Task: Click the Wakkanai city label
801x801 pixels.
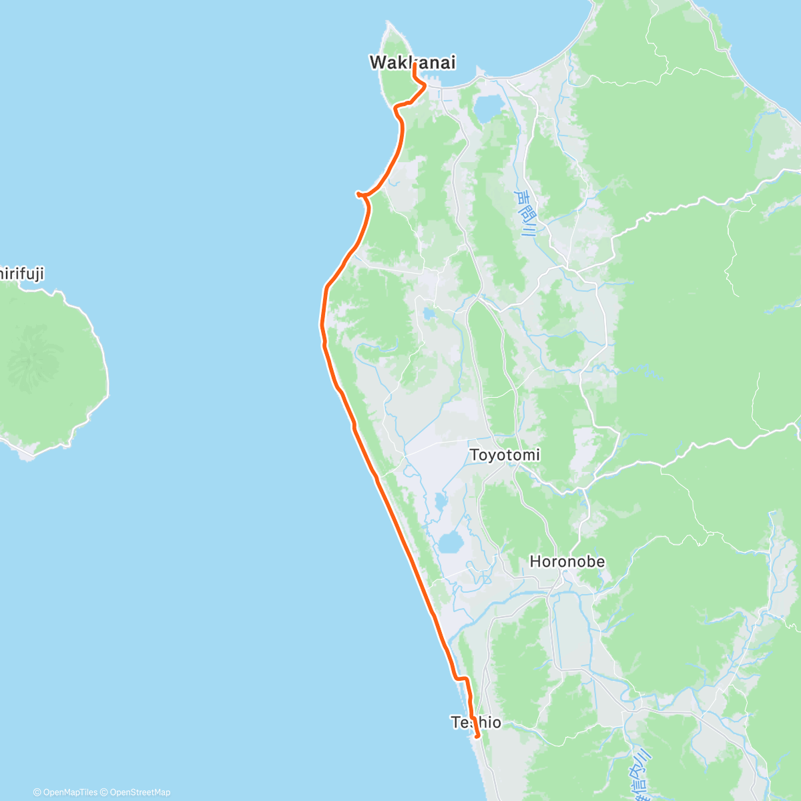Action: [413, 63]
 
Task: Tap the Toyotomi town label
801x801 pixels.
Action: [505, 455]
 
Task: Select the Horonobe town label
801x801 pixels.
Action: [567, 562]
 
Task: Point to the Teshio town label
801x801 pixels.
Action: [476, 722]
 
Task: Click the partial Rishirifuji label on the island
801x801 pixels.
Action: [21, 274]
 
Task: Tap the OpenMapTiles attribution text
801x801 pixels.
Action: [65, 792]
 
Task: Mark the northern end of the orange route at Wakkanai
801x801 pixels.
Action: [415, 65]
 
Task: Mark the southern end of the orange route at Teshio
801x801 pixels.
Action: [478, 736]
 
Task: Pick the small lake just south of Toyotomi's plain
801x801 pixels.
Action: [441, 501]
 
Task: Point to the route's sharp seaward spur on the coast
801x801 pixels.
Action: [358, 194]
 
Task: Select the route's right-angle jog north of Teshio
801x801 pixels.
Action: [461, 679]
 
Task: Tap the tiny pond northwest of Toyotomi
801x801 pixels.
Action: [428, 312]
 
